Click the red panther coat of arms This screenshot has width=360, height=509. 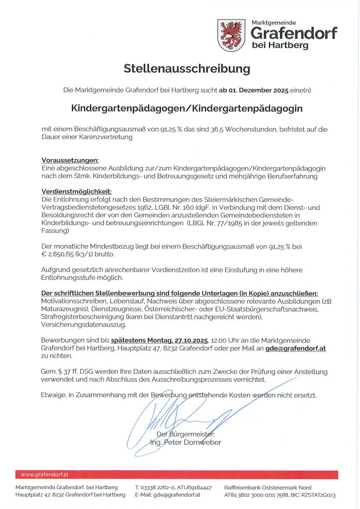pyautogui.click(x=231, y=35)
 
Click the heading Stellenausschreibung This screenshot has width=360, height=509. pyautogui.click(x=180, y=68)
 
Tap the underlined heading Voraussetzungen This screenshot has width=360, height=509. pyautogui.click(x=70, y=160)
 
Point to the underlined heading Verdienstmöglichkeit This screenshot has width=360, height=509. pyautogui.click(x=77, y=192)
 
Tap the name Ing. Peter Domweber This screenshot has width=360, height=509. pyautogui.click(x=185, y=442)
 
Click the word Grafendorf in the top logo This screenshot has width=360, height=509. pyautogui.click(x=294, y=33)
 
